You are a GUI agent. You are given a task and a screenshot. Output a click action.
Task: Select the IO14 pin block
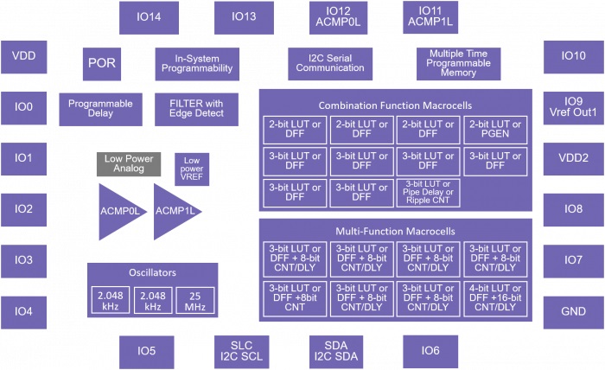click(148, 16)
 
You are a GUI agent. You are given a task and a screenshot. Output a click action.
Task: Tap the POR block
click(101, 63)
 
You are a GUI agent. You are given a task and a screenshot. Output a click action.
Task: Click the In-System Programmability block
click(197, 63)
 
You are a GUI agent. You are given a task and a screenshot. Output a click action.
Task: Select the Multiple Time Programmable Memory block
click(458, 63)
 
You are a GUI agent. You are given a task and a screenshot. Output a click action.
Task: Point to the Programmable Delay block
click(100, 109)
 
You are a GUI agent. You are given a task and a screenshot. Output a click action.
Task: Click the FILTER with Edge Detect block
click(197, 109)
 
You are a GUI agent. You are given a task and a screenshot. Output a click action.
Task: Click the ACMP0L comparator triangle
click(119, 211)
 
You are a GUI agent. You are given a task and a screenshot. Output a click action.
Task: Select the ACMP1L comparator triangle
click(176, 211)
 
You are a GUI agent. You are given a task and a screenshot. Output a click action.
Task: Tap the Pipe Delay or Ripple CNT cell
click(429, 192)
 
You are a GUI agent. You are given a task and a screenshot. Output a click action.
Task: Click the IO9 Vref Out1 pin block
click(573, 107)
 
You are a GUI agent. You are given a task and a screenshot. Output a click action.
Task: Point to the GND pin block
click(573, 311)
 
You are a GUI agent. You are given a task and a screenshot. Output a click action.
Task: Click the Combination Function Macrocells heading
click(395, 105)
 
